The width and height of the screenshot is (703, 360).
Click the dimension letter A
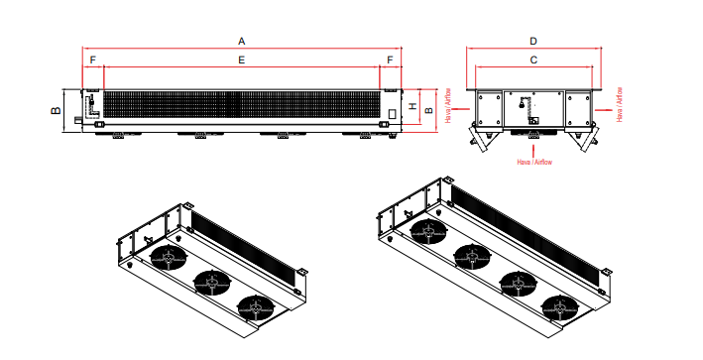(x=242, y=40)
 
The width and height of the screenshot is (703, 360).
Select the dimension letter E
(x=241, y=60)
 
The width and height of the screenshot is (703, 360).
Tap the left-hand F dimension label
(x=92, y=60)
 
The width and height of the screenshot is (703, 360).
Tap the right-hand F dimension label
(x=390, y=60)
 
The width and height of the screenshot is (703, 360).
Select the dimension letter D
(x=533, y=41)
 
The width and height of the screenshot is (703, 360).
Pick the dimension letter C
(x=533, y=60)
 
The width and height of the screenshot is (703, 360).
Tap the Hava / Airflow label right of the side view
(x=620, y=104)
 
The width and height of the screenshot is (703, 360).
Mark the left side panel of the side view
(x=488, y=107)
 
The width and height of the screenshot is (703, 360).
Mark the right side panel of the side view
(x=579, y=107)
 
